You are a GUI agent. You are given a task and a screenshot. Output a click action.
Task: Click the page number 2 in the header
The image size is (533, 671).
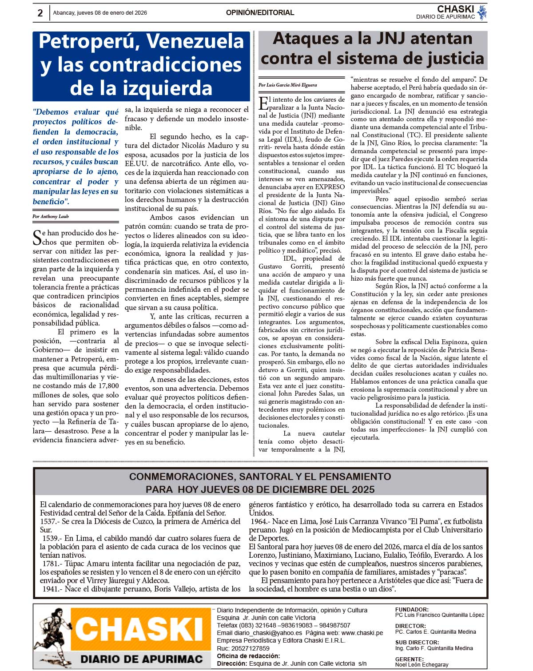tap(40, 13)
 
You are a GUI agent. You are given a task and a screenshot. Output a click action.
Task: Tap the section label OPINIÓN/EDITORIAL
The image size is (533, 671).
tap(260, 13)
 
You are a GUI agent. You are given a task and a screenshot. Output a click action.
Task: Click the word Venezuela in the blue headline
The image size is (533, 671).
tap(195, 41)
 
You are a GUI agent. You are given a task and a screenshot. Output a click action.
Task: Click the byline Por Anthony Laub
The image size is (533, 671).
tap(51, 217)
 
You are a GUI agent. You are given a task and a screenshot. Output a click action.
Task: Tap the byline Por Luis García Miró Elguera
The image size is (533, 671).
tap(288, 85)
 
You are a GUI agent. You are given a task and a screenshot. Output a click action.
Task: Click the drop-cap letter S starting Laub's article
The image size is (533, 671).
tap(37, 238)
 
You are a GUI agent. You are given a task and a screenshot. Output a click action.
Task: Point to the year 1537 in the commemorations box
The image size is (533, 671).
tap(48, 521)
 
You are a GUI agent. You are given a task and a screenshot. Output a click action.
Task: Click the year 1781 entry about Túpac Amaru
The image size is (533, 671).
tap(51, 564)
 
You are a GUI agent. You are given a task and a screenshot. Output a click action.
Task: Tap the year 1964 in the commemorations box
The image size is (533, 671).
tap(259, 521)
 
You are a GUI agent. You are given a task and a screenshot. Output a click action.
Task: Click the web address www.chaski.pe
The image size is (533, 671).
tap(362, 633)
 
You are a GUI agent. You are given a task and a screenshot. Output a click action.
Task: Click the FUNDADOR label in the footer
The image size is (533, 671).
tap(412, 610)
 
